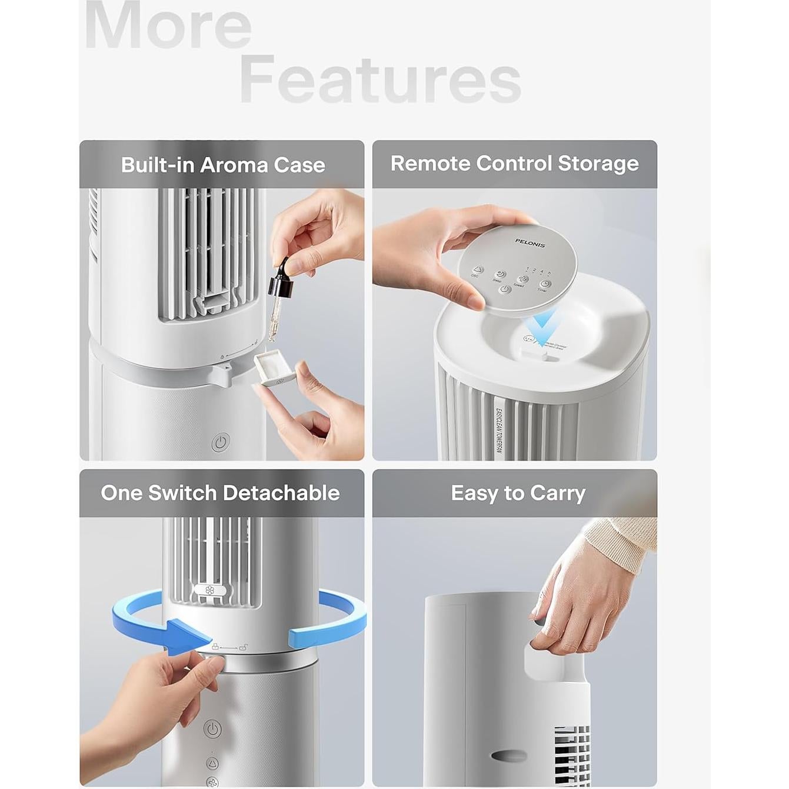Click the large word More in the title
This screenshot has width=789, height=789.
point(168,26)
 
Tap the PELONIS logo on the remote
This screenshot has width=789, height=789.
point(530,243)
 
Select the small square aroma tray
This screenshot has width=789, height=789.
point(274,369)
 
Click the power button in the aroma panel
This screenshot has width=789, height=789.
point(221,442)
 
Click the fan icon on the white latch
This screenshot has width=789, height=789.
point(210,590)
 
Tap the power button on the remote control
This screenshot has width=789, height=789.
point(504,289)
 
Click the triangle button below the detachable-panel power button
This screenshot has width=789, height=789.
point(212,764)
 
